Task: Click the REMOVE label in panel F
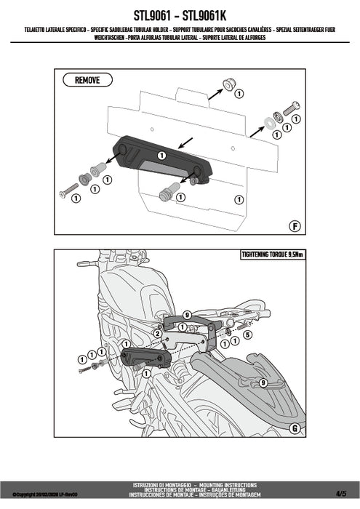(x=87, y=80)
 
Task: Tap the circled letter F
(x=295, y=225)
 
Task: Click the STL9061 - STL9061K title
(x=180, y=14)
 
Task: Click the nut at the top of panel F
(x=228, y=85)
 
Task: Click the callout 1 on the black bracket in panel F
(x=162, y=155)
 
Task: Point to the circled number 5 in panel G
(x=247, y=334)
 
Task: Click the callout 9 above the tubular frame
(x=187, y=314)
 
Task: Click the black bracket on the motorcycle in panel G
(x=145, y=358)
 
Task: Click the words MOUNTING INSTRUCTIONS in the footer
(x=233, y=484)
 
